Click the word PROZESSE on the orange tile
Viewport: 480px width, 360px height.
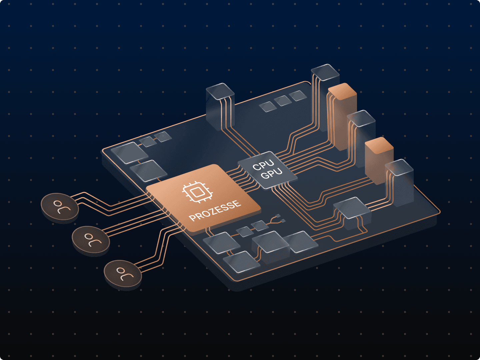point(215,210)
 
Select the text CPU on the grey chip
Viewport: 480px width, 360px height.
point(263,165)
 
